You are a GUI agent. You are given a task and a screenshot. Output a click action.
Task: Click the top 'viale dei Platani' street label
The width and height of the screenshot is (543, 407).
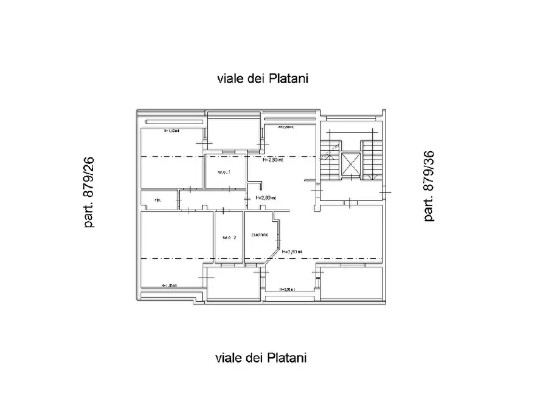[261, 78]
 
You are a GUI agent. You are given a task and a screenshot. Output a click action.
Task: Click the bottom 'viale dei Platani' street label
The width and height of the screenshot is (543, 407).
[261, 358]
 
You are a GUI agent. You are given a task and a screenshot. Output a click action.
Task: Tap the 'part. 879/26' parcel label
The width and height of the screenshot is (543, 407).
[89, 192]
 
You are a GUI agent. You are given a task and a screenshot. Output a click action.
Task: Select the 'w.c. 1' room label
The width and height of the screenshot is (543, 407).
[224, 171]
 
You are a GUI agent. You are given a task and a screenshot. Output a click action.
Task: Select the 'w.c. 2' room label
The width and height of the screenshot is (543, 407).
[229, 237]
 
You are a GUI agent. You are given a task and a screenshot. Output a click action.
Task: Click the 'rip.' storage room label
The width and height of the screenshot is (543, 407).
[157, 200]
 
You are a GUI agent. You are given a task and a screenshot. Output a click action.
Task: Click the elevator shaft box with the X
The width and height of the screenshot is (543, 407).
[351, 164]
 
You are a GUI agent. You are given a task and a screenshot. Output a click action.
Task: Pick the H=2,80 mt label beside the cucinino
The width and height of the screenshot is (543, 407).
[291, 251]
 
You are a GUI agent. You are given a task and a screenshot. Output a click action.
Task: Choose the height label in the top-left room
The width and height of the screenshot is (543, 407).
[171, 131]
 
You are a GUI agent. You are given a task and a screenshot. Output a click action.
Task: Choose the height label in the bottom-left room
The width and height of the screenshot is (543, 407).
[169, 285]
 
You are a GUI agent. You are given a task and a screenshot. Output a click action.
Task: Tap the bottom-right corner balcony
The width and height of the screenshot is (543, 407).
[351, 283]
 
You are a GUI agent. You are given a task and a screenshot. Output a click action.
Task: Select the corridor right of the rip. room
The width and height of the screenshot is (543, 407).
[213, 200]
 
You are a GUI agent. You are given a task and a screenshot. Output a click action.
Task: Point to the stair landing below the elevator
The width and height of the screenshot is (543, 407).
[351, 191]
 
